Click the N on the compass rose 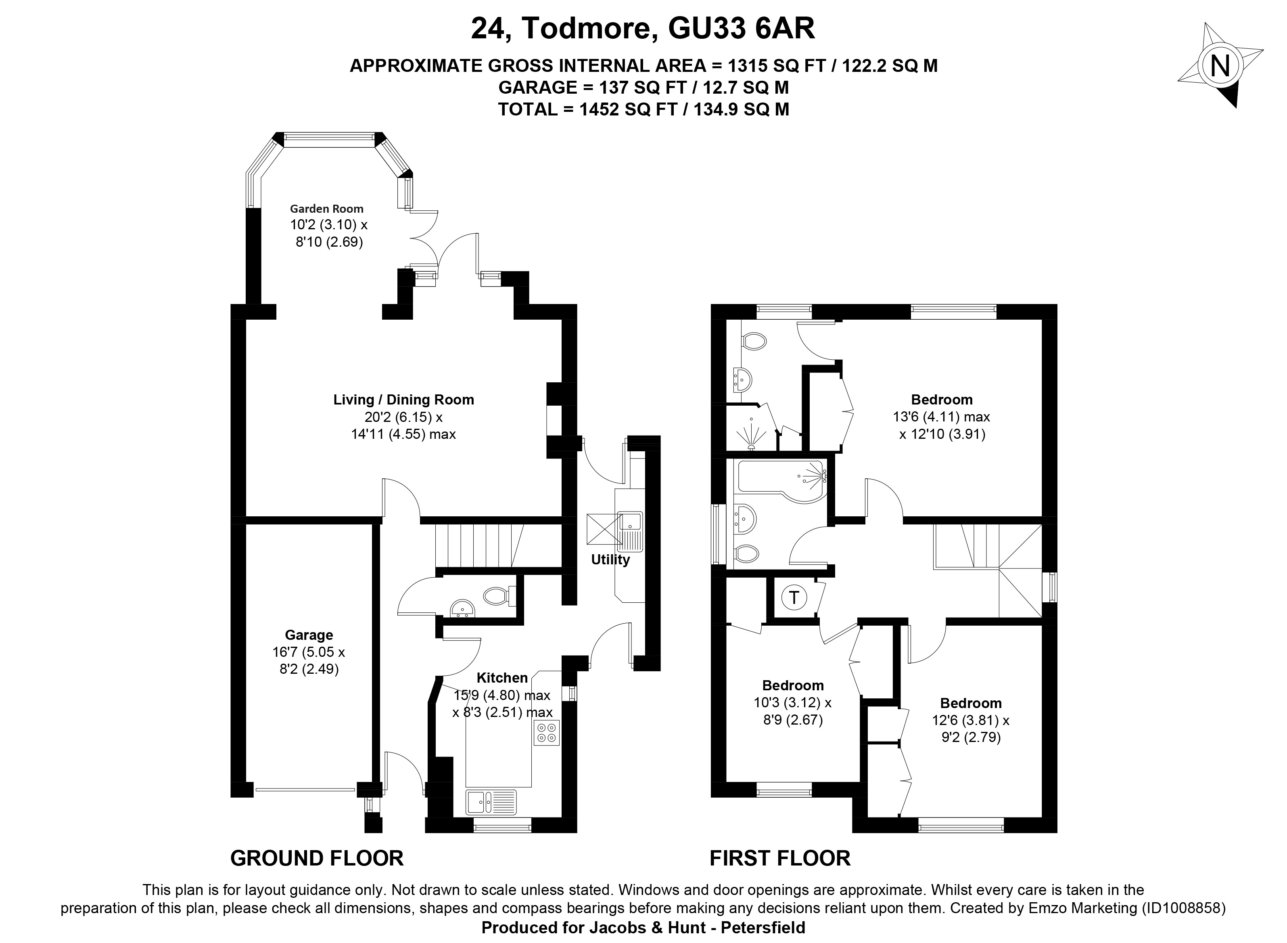(x=1220, y=66)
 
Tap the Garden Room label (x=326, y=209)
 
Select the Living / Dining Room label (x=403, y=400)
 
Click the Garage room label (x=309, y=635)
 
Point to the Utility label (x=610, y=560)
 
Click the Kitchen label (x=502, y=677)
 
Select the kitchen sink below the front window (x=491, y=801)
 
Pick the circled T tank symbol (x=794, y=598)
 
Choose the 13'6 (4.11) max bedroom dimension (x=941, y=417)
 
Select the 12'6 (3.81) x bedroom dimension (x=970, y=721)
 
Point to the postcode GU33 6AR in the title (x=742, y=29)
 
